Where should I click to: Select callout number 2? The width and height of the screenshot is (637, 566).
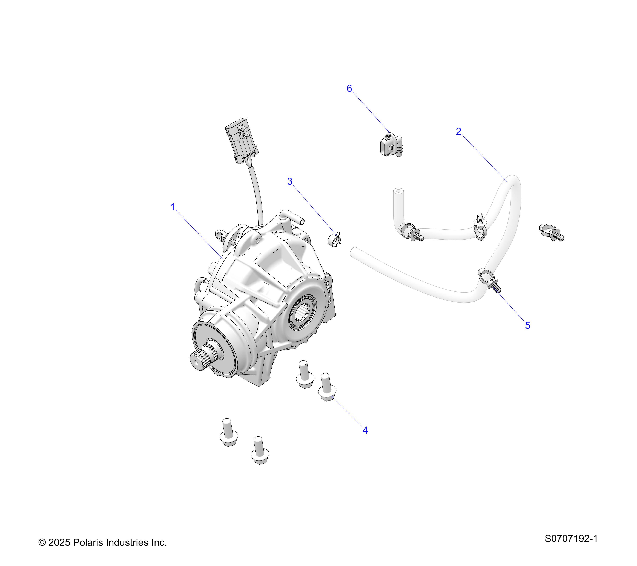458,131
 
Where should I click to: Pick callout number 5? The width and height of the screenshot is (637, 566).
527,325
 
